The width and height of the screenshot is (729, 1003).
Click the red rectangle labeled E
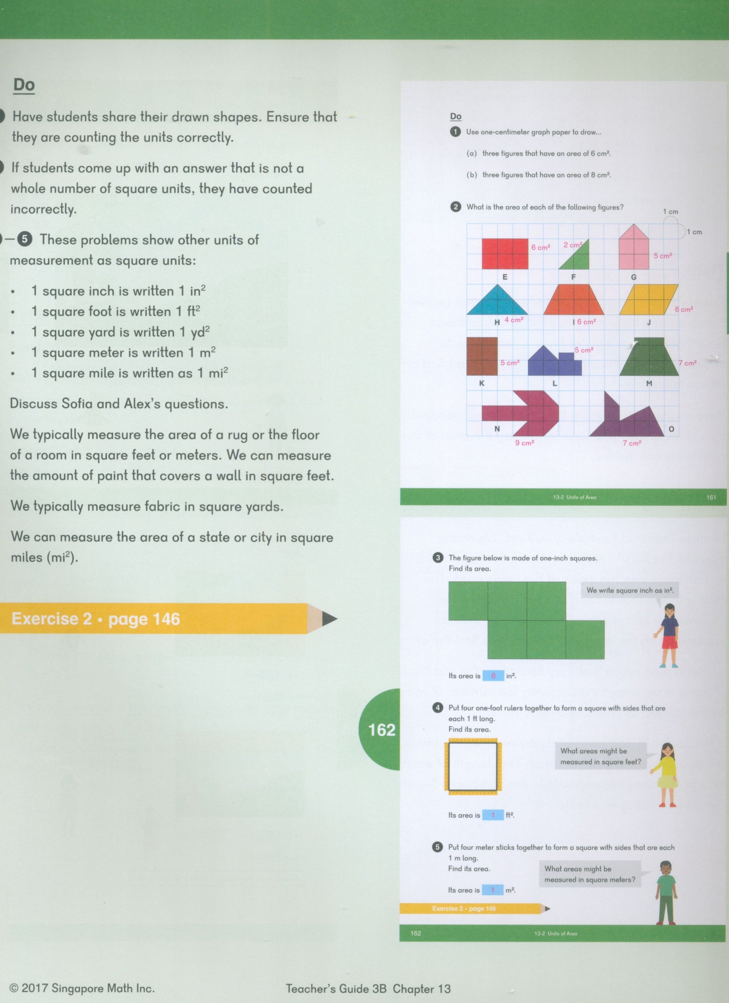(x=505, y=254)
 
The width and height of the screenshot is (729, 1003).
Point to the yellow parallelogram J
(x=649, y=299)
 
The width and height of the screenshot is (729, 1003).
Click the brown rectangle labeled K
(x=482, y=356)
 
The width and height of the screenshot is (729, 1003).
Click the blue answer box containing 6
(x=493, y=676)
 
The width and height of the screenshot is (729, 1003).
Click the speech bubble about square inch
(x=629, y=590)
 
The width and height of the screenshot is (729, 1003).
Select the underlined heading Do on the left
(x=24, y=85)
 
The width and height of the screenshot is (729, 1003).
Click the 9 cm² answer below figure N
(x=525, y=443)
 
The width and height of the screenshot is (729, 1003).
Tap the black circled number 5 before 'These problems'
(x=24, y=239)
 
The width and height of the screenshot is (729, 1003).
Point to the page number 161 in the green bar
(x=711, y=497)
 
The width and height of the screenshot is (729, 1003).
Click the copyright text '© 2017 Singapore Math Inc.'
(x=82, y=988)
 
